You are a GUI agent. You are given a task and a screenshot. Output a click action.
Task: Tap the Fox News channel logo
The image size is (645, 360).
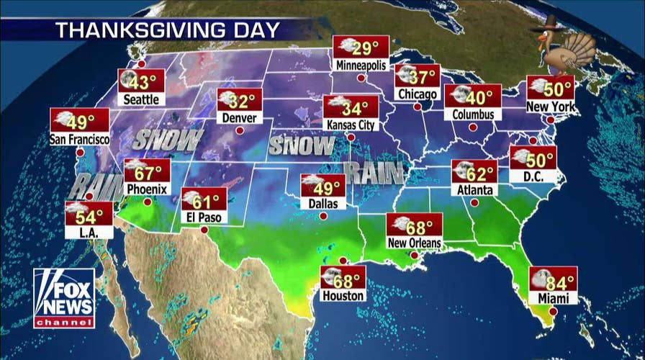(x=64, y=298)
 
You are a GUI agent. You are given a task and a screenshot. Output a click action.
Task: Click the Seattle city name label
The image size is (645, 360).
(x=142, y=99)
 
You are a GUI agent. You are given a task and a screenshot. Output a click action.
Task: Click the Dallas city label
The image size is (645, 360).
(x=323, y=204)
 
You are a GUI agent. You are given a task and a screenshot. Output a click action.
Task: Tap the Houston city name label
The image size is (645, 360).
(x=344, y=295)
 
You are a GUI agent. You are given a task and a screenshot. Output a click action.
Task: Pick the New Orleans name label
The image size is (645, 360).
(x=414, y=243)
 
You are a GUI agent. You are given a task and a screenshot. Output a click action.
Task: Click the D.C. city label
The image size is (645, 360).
(x=533, y=176)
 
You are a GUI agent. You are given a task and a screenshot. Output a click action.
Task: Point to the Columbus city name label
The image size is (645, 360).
(x=473, y=114)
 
